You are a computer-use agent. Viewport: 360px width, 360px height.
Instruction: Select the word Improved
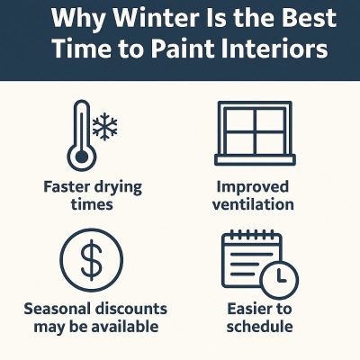pos(254,187)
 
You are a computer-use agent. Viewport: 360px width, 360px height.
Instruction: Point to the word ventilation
pos(255,204)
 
